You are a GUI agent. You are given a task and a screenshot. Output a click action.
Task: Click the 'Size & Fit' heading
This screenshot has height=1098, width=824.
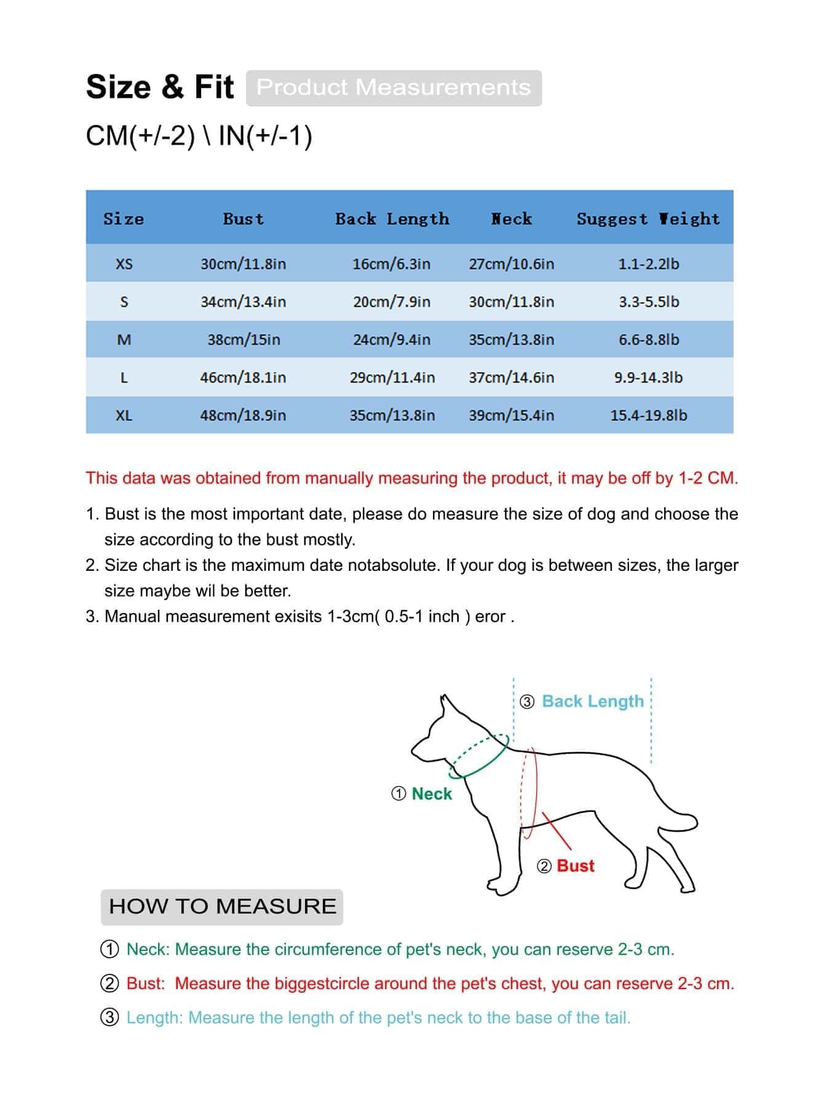tap(160, 87)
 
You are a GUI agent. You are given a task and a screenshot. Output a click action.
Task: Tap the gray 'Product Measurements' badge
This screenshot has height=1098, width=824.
tap(394, 87)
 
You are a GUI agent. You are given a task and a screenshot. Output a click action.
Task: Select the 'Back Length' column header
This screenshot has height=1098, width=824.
tap(392, 219)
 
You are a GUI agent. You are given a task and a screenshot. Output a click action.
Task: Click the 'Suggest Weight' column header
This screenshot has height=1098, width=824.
tap(648, 219)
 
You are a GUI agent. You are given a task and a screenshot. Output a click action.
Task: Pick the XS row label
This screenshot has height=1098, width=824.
tap(124, 264)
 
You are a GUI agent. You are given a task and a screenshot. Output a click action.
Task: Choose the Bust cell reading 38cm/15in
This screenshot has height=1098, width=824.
tap(244, 340)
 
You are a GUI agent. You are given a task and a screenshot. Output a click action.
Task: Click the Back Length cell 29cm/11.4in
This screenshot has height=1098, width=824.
tap(392, 378)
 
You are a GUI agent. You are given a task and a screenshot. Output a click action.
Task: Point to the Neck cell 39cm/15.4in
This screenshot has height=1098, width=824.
tap(511, 415)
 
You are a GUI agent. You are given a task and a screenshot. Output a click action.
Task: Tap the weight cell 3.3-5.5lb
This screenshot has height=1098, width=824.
tap(648, 302)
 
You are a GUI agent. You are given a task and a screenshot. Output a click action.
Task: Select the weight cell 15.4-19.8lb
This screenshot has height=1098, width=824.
tap(648, 415)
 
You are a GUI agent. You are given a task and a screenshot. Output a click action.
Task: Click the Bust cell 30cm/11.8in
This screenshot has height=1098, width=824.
tap(243, 264)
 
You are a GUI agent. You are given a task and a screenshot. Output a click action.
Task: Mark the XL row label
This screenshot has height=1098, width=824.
tap(124, 415)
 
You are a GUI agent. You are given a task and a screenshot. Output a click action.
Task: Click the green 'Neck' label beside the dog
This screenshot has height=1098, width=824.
tap(432, 794)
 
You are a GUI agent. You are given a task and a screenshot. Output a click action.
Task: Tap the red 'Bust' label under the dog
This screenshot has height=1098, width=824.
tap(575, 865)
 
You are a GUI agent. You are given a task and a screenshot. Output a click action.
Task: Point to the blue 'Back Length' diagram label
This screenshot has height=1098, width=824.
tap(592, 701)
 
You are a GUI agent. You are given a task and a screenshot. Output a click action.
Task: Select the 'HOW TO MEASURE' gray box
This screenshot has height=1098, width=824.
tap(222, 906)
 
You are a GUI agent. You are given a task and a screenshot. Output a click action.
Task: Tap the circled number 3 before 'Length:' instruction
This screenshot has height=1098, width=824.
tap(109, 1017)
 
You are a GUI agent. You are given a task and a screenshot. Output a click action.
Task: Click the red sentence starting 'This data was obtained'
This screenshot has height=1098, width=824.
tap(411, 478)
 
